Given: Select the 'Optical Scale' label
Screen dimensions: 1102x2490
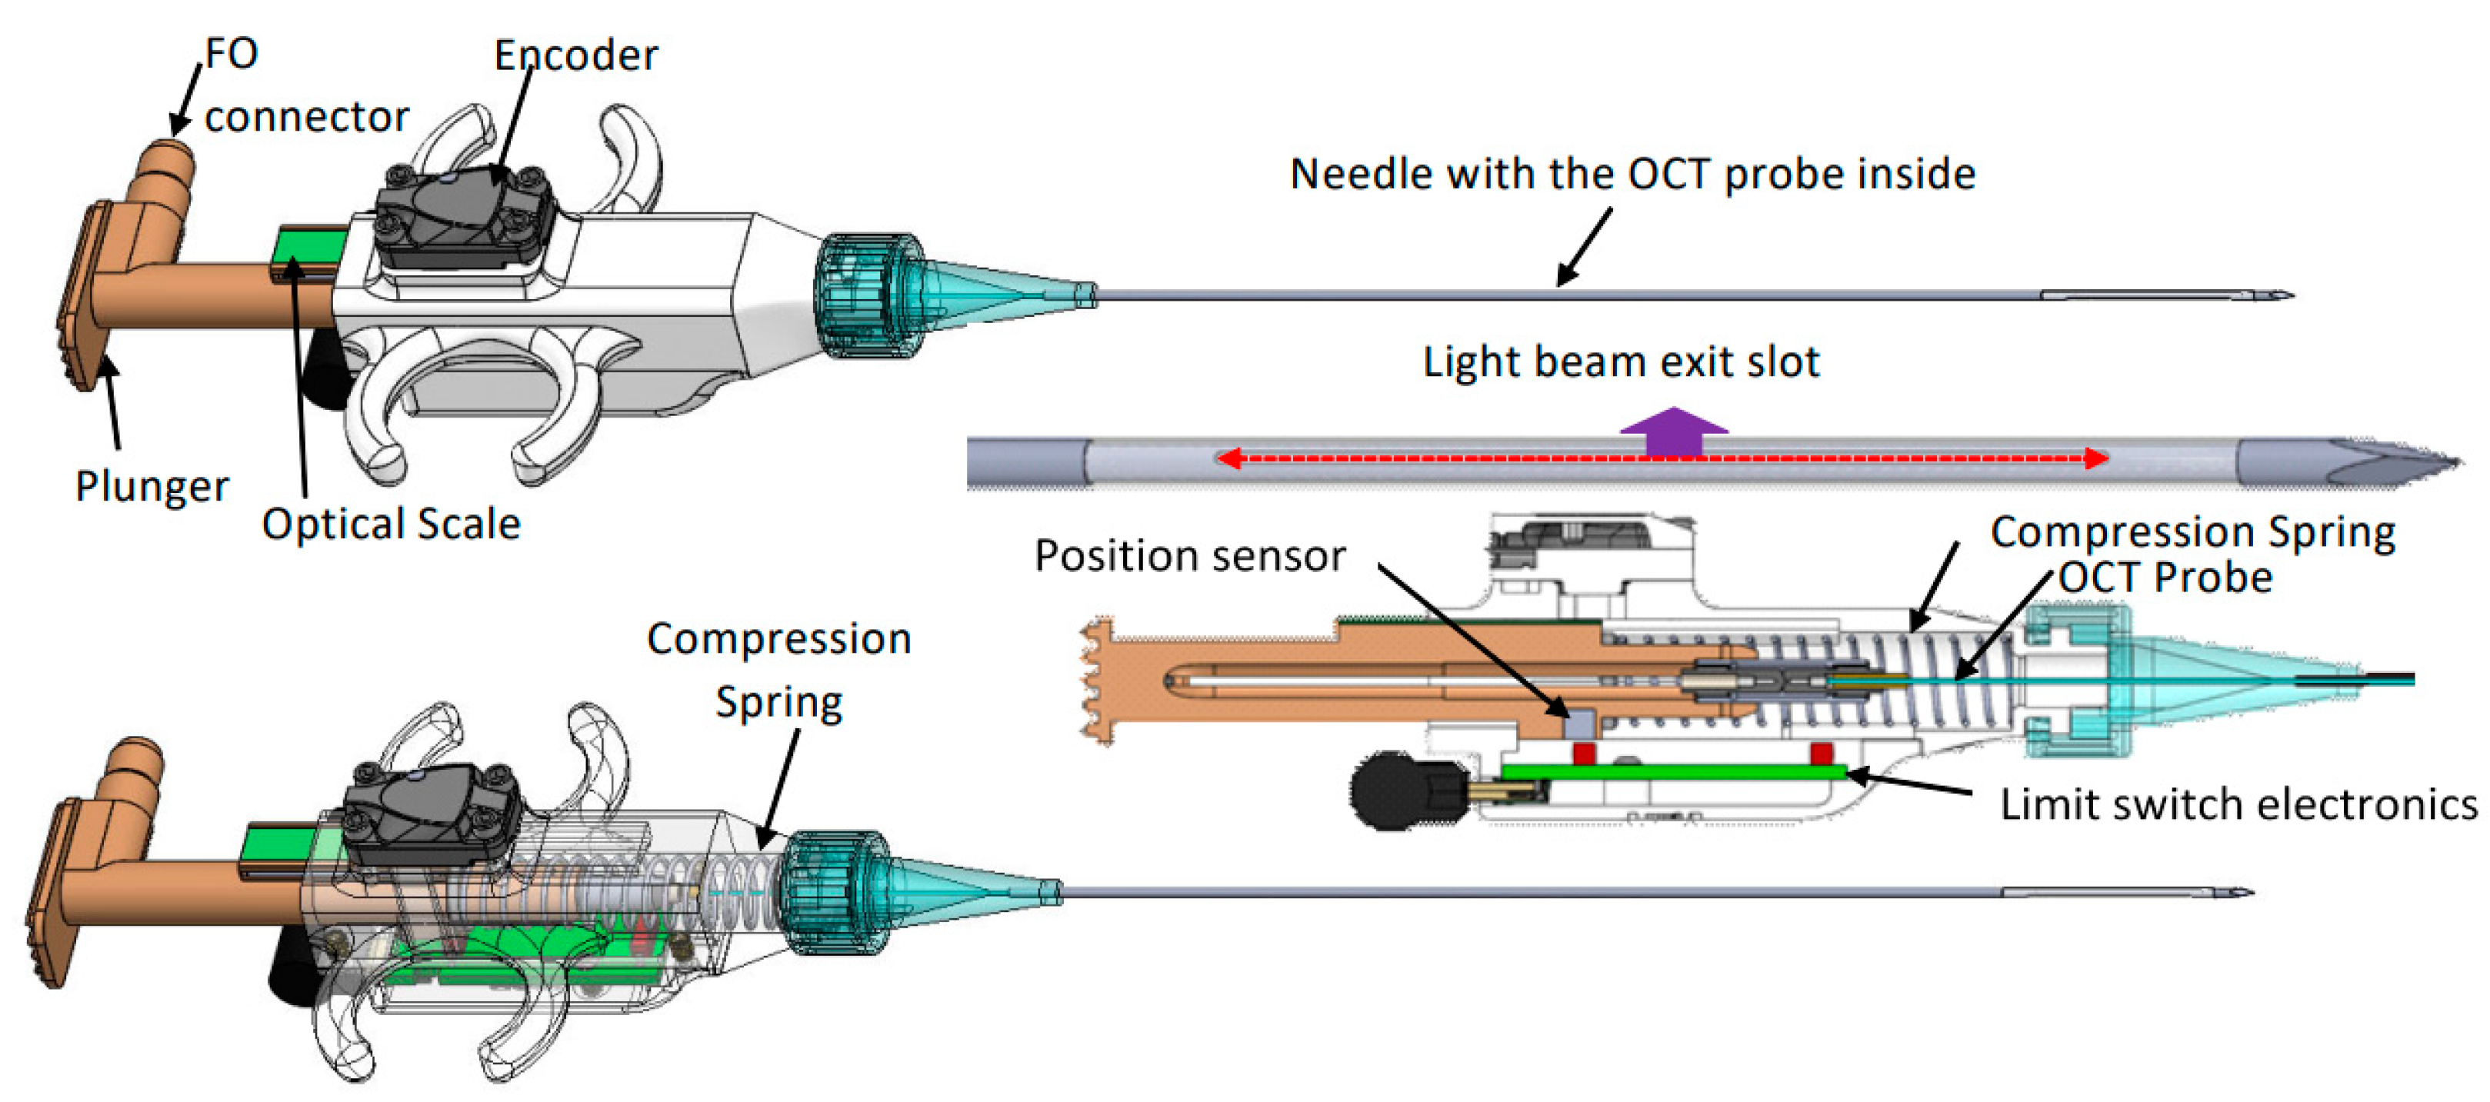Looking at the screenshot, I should point(392,523).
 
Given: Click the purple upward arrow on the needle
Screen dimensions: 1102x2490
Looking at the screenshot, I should point(1673,431).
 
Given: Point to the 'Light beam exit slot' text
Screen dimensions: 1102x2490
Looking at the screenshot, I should point(1621,361).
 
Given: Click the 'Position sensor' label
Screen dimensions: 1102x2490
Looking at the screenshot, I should point(1190,555).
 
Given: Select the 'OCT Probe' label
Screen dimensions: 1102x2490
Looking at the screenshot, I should point(2165,577).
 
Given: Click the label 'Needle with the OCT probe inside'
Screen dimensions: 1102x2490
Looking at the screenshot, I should point(1632,173).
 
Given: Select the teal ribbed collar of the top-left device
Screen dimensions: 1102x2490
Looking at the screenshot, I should point(862,294).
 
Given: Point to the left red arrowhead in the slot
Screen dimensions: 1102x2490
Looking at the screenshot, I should point(1228,458).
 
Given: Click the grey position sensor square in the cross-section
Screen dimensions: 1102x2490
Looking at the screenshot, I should point(1582,721).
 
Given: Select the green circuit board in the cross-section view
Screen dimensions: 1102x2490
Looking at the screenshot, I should point(1672,771).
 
